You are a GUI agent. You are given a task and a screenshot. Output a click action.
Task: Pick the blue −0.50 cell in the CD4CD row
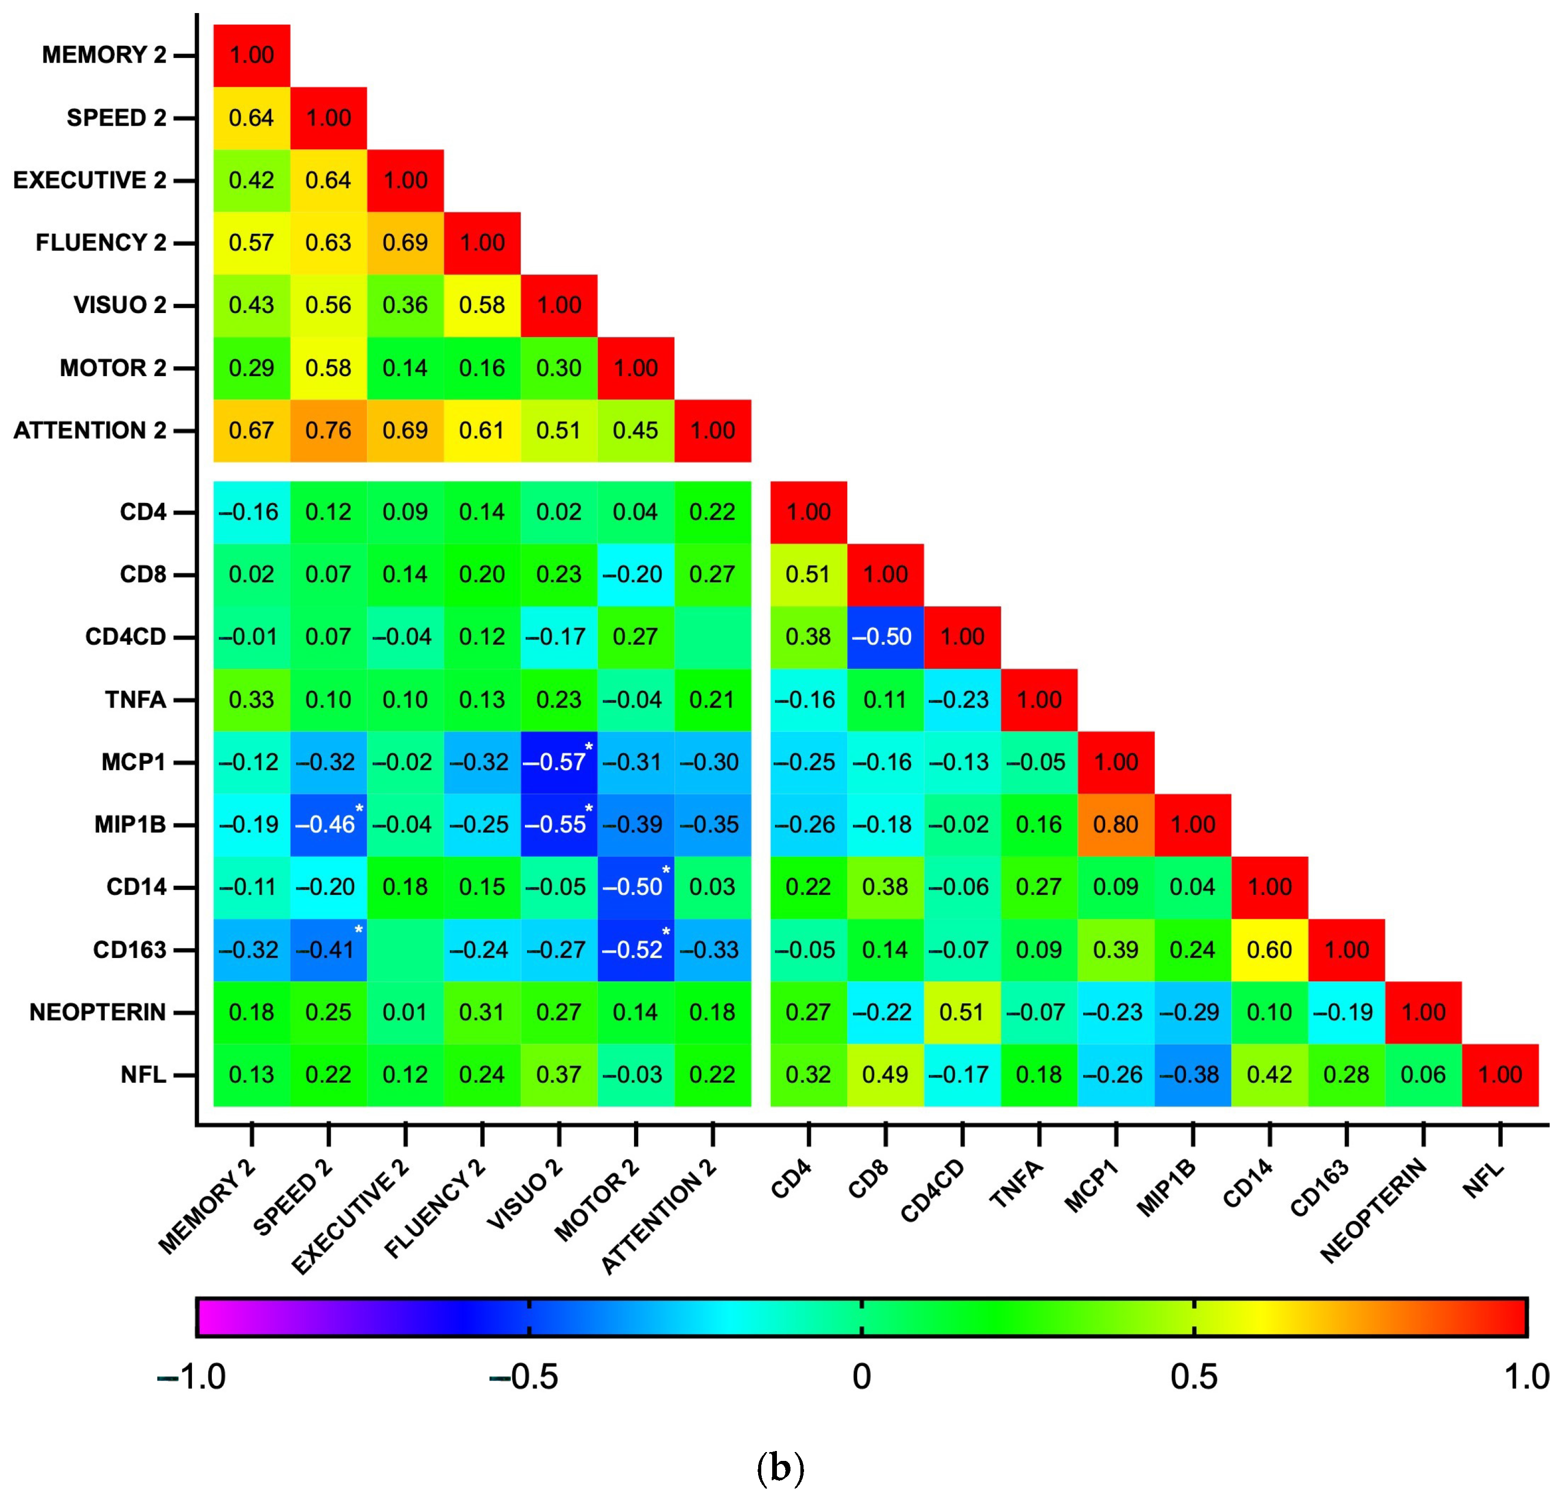[x=885, y=637]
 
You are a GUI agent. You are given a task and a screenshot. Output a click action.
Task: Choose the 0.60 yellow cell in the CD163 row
[x=1269, y=950]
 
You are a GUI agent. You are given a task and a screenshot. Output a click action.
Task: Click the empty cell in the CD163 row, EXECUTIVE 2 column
[x=405, y=950]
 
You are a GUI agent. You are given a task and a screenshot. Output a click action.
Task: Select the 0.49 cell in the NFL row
[x=885, y=1075]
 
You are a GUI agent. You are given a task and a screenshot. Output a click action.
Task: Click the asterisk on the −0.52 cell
[x=666, y=931]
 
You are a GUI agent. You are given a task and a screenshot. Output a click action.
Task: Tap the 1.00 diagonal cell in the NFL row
[x=1500, y=1075]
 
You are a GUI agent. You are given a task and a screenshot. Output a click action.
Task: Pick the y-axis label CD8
[x=143, y=574]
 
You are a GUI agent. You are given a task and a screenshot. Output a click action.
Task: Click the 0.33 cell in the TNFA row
[x=251, y=700]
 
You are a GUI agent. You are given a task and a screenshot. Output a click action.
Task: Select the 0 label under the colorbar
[x=861, y=1376]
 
